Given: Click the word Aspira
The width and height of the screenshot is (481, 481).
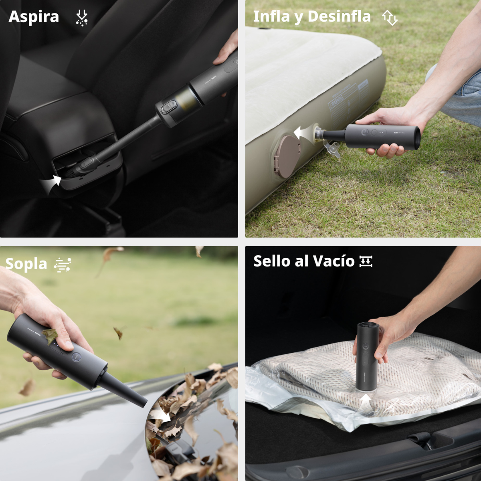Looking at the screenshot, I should tap(34, 17).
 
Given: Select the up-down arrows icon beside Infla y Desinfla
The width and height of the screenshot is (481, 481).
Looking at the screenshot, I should tap(390, 18).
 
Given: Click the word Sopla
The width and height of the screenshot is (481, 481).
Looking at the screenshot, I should tap(26, 264).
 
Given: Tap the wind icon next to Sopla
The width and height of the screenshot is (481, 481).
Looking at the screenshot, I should tap(63, 265).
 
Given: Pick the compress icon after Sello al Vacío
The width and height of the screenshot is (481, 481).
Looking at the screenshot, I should tap(366, 261).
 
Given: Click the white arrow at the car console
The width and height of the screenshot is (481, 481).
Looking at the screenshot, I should tap(52, 184).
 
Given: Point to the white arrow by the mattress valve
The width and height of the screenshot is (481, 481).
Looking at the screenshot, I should tap(302, 133).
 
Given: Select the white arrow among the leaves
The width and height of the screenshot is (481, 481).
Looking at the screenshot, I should tap(161, 415).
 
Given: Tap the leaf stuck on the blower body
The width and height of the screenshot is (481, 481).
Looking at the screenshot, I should tap(50, 336).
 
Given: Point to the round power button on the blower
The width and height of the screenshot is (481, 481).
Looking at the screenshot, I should tap(77, 356).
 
